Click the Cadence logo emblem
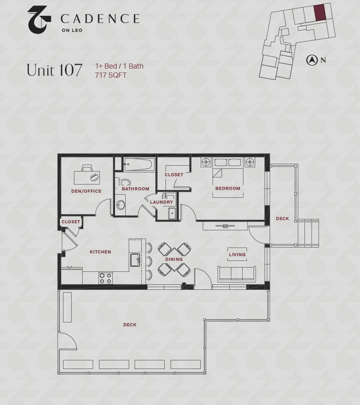[x=39, y=20]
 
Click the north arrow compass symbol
[x=312, y=60]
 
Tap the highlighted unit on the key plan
[x=320, y=12]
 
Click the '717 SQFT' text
[x=111, y=75]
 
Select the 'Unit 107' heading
[x=54, y=70]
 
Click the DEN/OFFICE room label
[x=86, y=191]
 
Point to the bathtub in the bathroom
[x=139, y=165]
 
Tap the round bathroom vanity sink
[x=120, y=205]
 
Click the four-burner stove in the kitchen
[x=106, y=278]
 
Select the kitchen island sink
[x=135, y=260]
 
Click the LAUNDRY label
[x=161, y=202]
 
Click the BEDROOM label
[x=228, y=188]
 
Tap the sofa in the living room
[x=237, y=274]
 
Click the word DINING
[x=174, y=259]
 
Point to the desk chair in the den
[x=87, y=168]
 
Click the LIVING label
[x=237, y=255]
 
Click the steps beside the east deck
[x=308, y=233]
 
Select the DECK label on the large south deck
[x=130, y=325]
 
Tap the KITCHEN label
[x=101, y=252]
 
